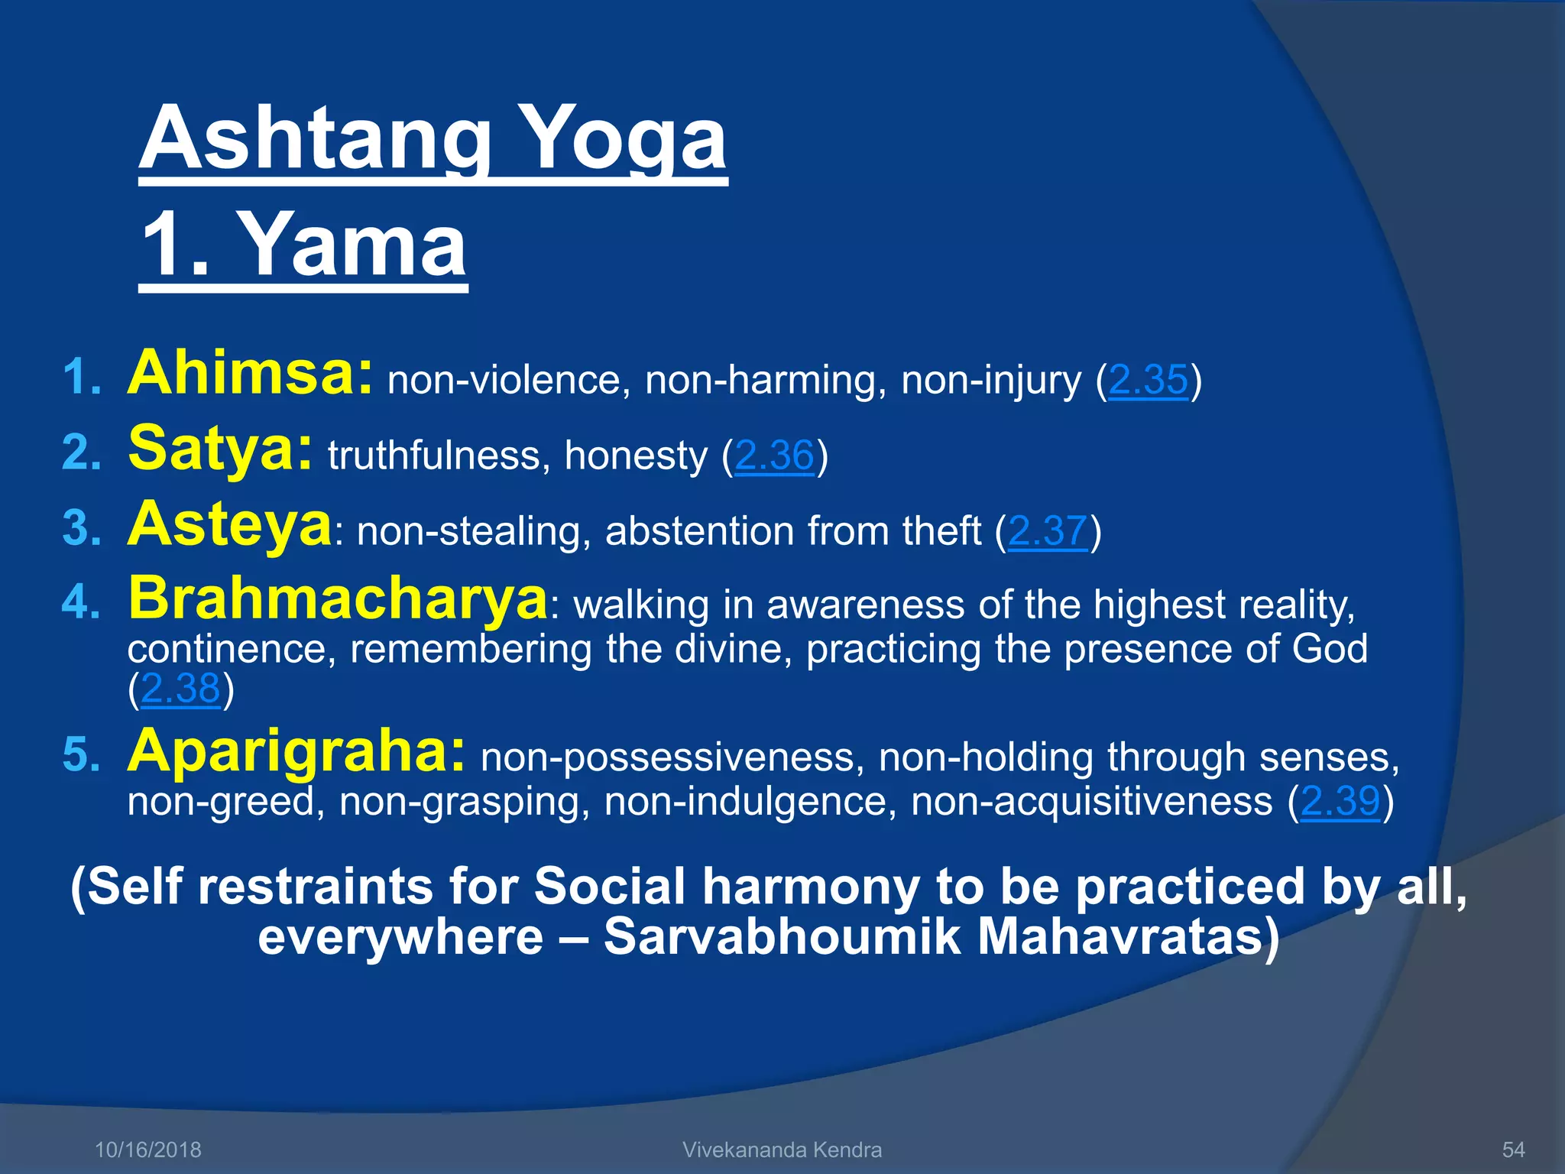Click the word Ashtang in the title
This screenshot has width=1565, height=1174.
313,139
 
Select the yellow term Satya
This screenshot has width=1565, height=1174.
220,449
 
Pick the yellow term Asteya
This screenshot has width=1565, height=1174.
229,525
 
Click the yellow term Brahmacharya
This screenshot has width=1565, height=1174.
338,599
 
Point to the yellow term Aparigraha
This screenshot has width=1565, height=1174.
296,752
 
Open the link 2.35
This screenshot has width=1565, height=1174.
1148,380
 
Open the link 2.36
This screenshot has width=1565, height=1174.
774,456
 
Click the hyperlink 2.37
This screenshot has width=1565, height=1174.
1048,531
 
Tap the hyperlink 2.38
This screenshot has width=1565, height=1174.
180,689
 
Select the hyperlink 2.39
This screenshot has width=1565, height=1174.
1340,802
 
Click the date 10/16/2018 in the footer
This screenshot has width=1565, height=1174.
148,1150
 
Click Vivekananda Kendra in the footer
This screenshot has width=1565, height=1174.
782,1150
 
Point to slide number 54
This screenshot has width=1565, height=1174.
1514,1150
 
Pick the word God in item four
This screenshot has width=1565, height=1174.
1330,649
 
